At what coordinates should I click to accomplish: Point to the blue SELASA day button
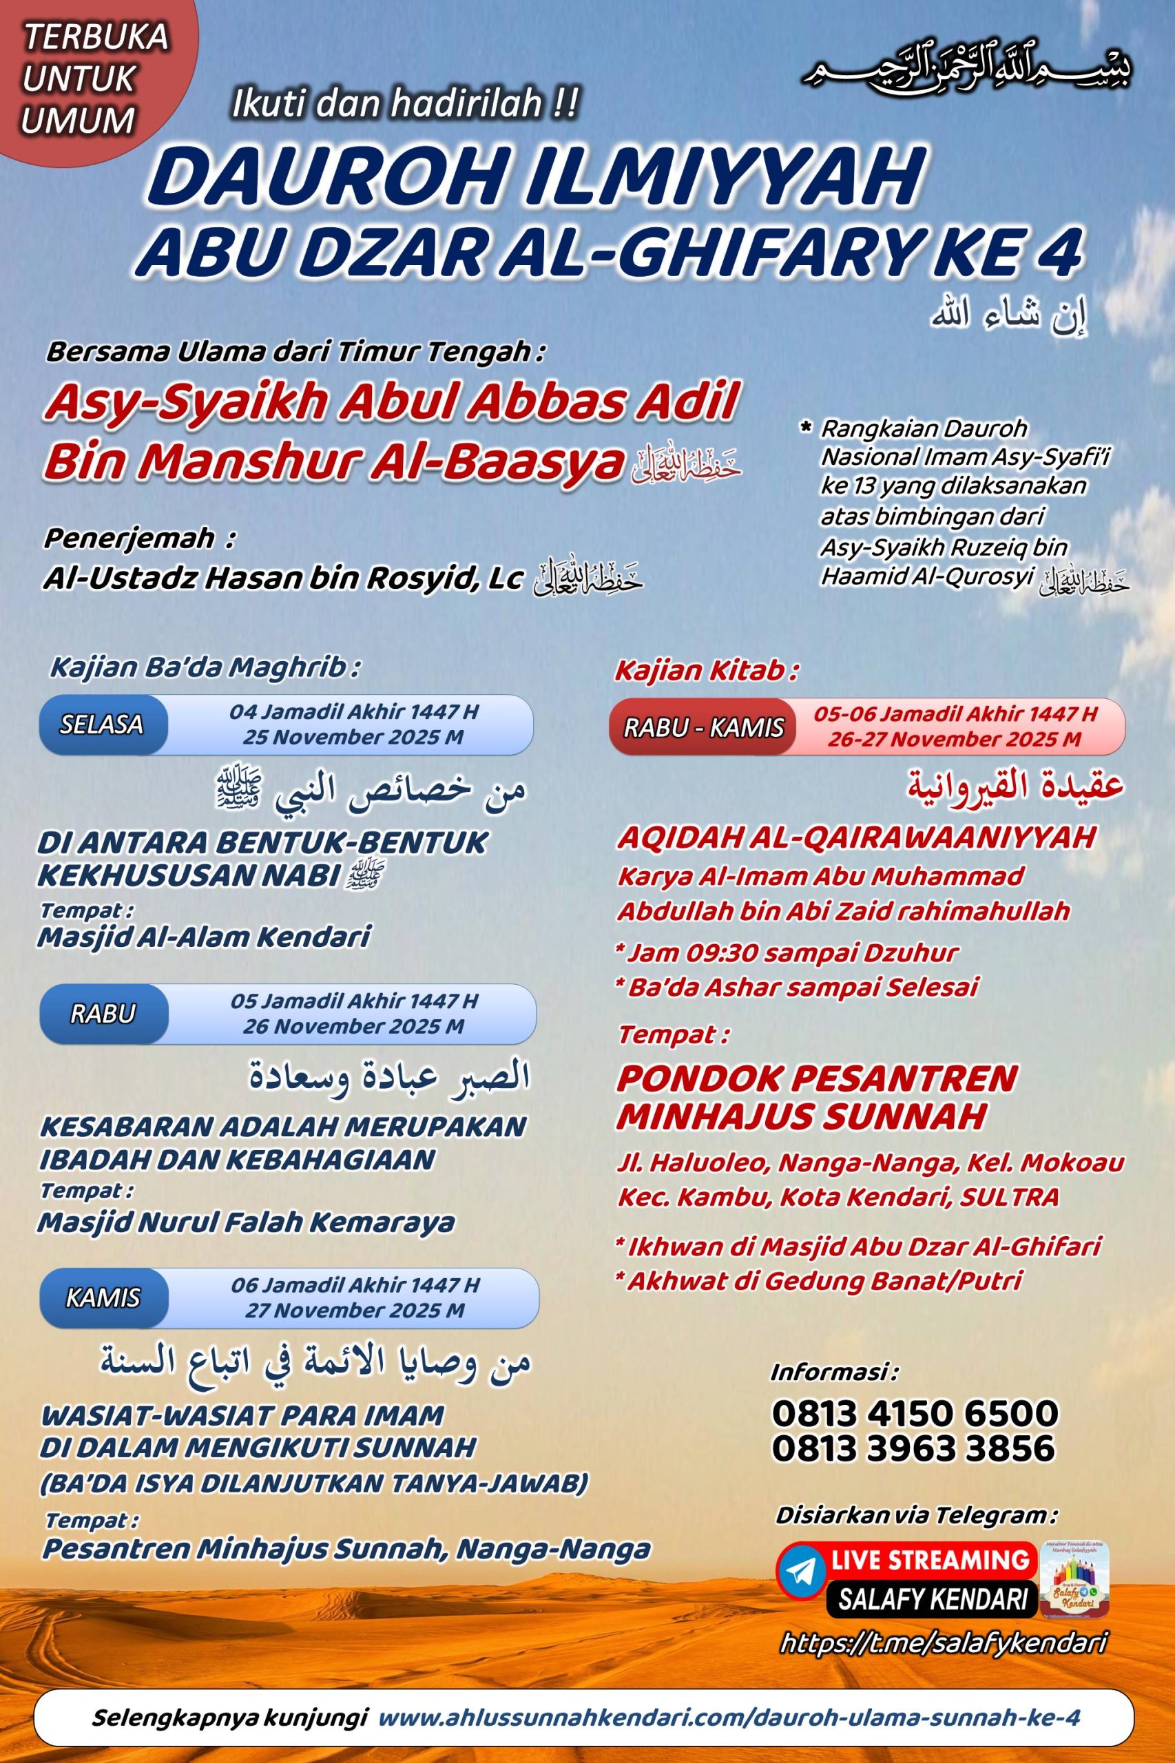click(x=103, y=724)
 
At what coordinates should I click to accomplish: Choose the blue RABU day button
click(x=103, y=1013)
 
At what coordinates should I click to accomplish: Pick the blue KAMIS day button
click(x=103, y=1297)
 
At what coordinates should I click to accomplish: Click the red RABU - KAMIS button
click(x=704, y=727)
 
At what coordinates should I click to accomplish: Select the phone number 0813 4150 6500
click(x=914, y=1414)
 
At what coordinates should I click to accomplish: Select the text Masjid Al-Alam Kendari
click(x=204, y=937)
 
